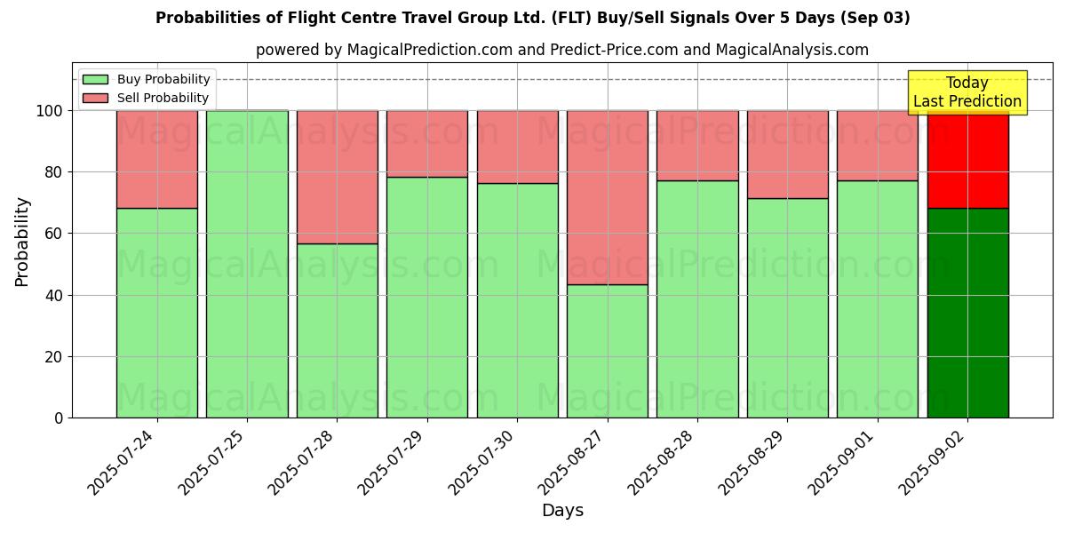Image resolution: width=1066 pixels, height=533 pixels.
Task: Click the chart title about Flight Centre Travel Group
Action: point(532,18)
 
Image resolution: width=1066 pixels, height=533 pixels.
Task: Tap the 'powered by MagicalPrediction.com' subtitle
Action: point(561,50)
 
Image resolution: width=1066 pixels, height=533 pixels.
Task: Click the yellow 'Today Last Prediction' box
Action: point(967,92)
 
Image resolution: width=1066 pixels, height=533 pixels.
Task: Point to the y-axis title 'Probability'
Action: point(22,242)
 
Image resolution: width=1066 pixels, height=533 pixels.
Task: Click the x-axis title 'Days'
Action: point(562,511)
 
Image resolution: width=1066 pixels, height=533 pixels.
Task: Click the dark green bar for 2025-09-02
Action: point(967,313)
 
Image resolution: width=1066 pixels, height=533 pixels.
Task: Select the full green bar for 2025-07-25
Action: point(247,264)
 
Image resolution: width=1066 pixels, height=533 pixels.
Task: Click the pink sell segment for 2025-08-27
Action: point(608,197)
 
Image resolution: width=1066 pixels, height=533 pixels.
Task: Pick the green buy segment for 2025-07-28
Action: point(337,330)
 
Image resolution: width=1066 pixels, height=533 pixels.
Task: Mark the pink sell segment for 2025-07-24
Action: point(157,159)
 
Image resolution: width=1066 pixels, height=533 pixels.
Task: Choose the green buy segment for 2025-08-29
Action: point(787,308)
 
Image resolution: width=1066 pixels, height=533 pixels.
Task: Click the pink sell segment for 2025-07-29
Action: point(427,144)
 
